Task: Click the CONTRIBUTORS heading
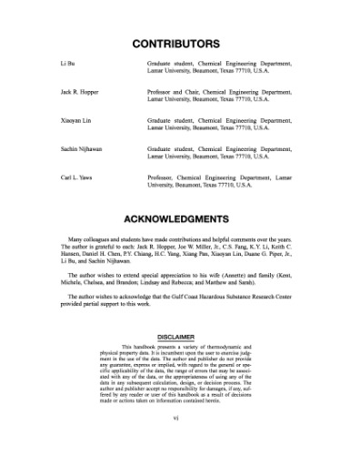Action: pyautogui.click(x=176, y=43)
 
